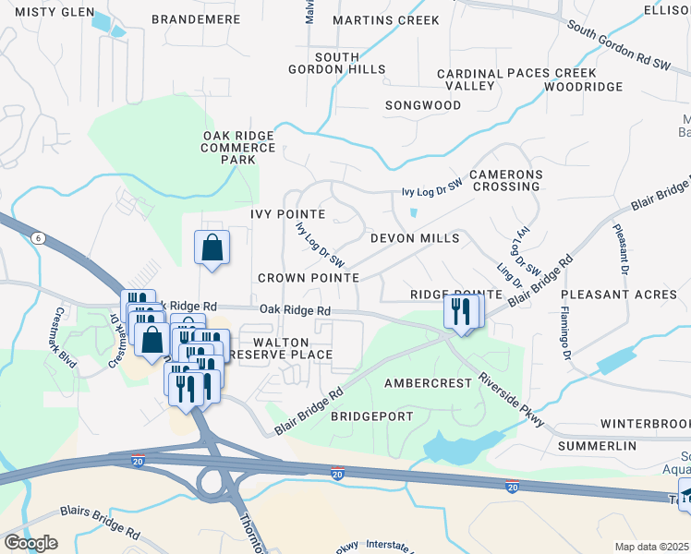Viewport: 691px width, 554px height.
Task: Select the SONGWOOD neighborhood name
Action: (423, 105)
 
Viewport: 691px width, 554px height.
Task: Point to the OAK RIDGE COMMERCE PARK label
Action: (237, 148)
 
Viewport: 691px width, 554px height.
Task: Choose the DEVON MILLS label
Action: (415, 238)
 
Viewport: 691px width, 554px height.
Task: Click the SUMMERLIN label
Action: (598, 446)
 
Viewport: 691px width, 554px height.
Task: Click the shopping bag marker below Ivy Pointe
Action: (212, 249)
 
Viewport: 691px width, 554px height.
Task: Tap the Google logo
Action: (30, 542)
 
